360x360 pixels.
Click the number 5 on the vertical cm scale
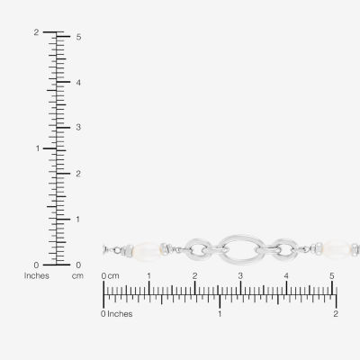tap(78, 37)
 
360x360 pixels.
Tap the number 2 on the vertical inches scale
tap(36, 32)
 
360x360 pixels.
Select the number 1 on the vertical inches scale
tap(38, 148)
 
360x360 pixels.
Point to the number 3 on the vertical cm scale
tap(78, 127)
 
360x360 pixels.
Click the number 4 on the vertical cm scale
tap(78, 83)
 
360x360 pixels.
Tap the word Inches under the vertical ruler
tap(37, 275)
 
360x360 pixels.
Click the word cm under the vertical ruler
tap(77, 276)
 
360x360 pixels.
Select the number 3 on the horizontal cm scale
tap(240, 276)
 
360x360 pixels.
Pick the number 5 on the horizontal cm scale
tap(332, 276)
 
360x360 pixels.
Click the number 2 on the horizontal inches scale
tap(336, 314)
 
